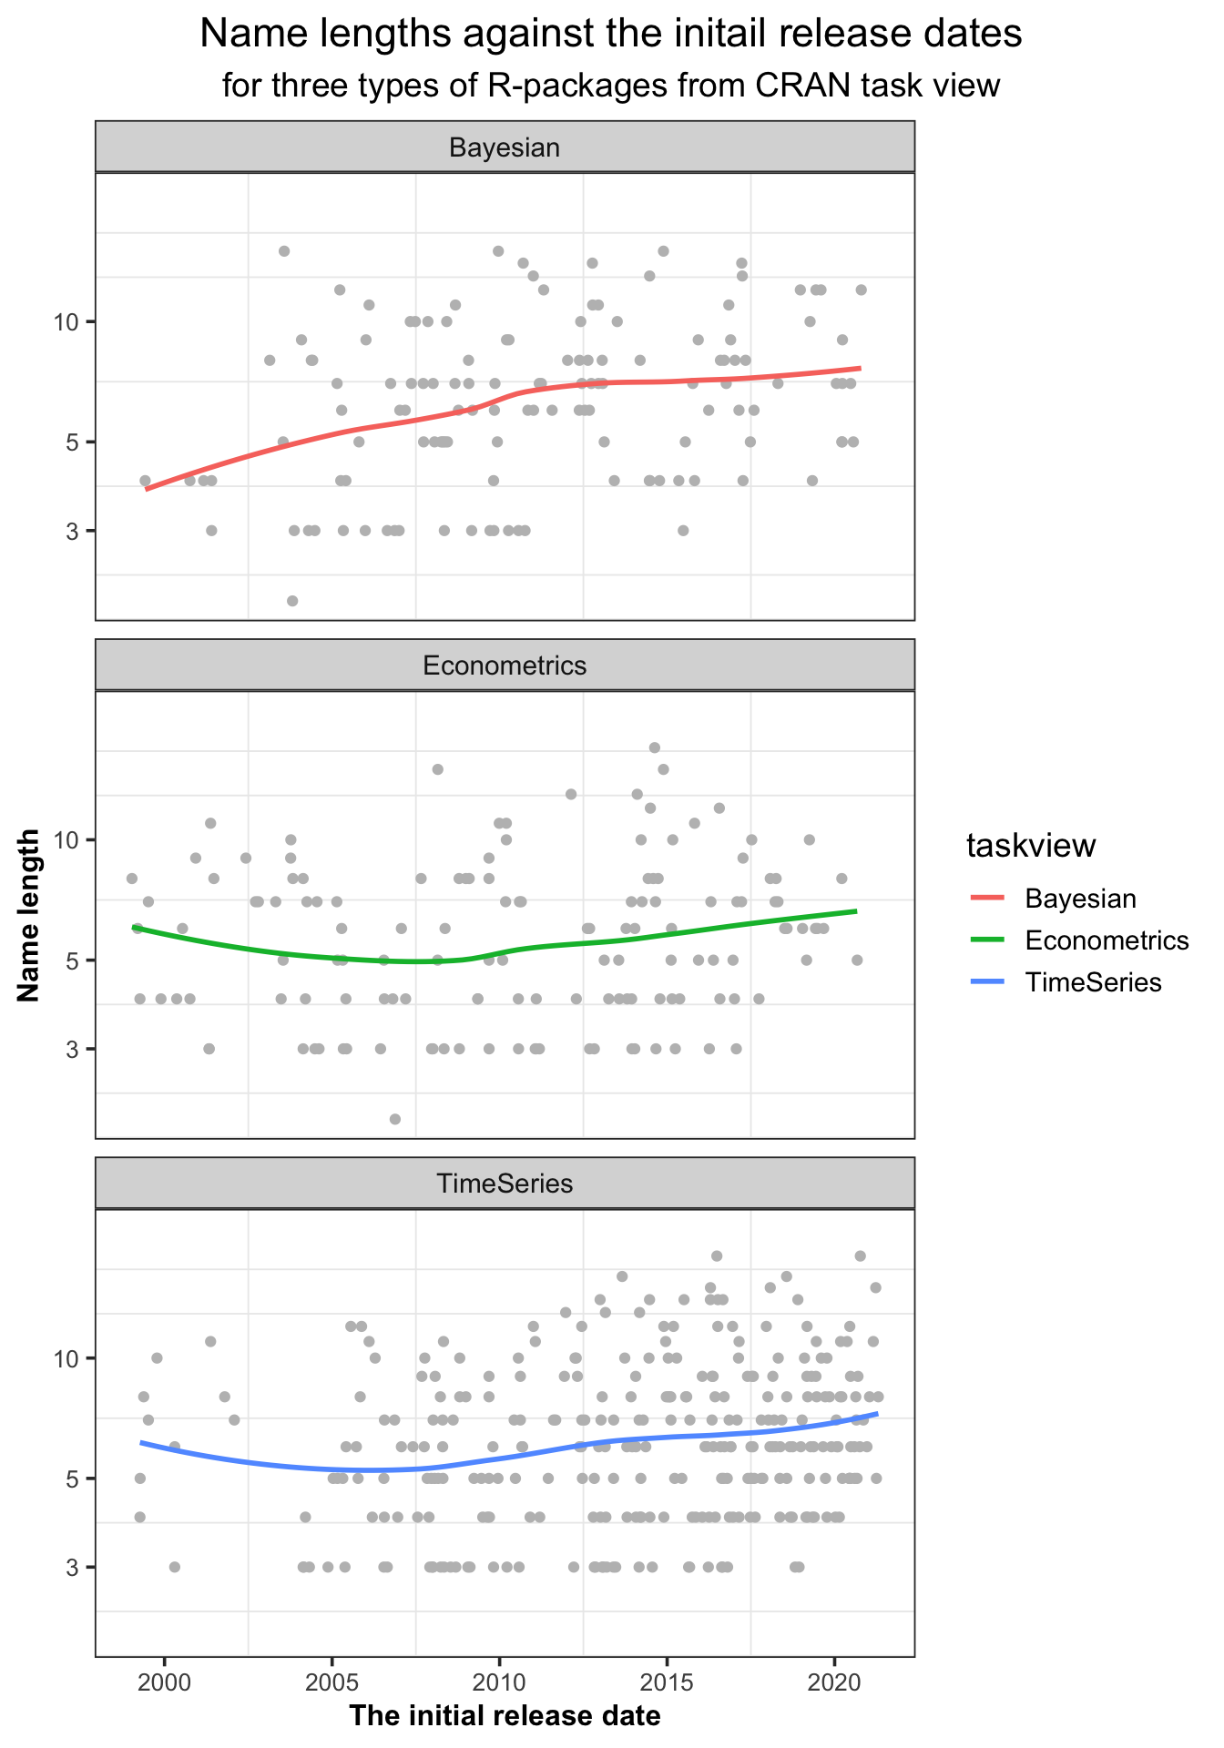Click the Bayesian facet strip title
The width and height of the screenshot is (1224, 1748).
pos(505,147)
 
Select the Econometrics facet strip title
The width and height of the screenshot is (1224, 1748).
pos(505,666)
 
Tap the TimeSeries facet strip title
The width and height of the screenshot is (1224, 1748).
pos(505,1184)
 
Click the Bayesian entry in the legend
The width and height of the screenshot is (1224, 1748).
pos(1080,899)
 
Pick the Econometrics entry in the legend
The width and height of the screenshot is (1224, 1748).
pos(1107,940)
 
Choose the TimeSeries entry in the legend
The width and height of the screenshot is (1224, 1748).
pos(1093,982)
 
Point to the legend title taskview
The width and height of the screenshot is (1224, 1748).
pos(1031,846)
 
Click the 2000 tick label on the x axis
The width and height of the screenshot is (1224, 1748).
pos(164,1679)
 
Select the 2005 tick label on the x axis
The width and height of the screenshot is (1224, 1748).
pos(331,1679)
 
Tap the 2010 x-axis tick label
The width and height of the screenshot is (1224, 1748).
pos(499,1679)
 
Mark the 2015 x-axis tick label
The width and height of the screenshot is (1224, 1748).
pos(667,1679)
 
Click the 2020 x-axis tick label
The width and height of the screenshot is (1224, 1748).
pos(834,1679)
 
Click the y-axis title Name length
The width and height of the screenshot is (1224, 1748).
pos(29,914)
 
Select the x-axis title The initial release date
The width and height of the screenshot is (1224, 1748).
pos(505,1717)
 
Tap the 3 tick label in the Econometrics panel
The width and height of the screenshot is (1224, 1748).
pos(76,1050)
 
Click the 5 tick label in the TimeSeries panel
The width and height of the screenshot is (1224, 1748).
pos(76,1479)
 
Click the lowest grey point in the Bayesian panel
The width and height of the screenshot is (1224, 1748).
pos(292,601)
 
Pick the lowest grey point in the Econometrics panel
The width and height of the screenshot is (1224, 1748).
pos(394,1119)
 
